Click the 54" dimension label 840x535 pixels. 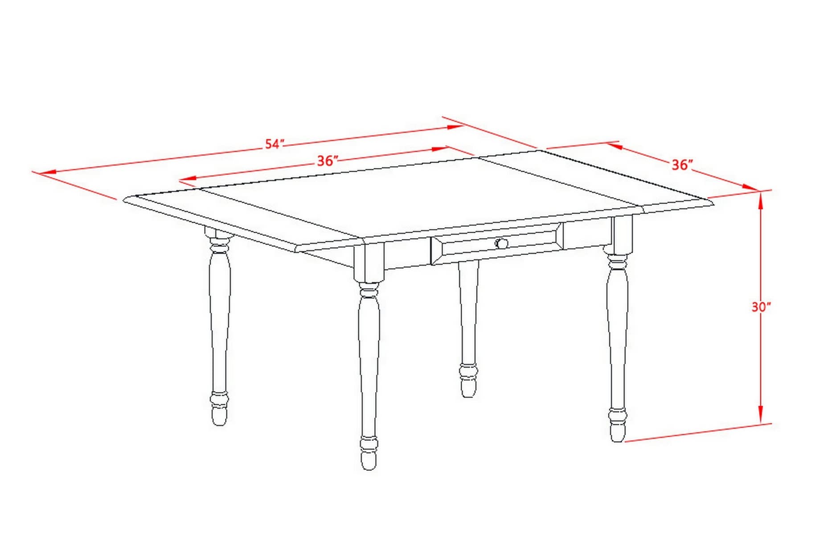point(275,144)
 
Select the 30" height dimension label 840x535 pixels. point(761,307)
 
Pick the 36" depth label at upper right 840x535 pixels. point(682,165)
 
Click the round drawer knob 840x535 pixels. point(502,243)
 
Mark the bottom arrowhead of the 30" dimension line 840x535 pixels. point(761,413)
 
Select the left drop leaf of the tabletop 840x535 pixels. point(243,218)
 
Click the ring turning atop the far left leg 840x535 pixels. point(219,244)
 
